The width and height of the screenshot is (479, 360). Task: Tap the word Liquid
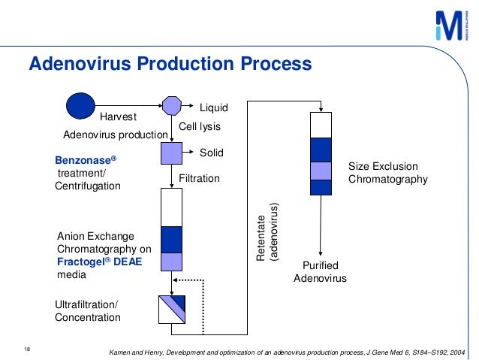click(x=212, y=109)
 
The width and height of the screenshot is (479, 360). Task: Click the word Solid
click(x=211, y=153)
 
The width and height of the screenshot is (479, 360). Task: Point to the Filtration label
click(x=199, y=179)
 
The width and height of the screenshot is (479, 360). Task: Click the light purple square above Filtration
click(x=172, y=153)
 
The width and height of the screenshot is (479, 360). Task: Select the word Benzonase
click(x=86, y=161)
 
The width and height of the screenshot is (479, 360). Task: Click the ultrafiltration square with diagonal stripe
click(x=172, y=308)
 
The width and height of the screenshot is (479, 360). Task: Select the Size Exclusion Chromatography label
click(x=387, y=172)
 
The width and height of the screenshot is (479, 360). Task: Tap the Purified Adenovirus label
click(x=321, y=272)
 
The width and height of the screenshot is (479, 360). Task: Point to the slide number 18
click(x=28, y=349)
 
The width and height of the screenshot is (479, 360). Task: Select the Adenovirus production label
click(x=115, y=135)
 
